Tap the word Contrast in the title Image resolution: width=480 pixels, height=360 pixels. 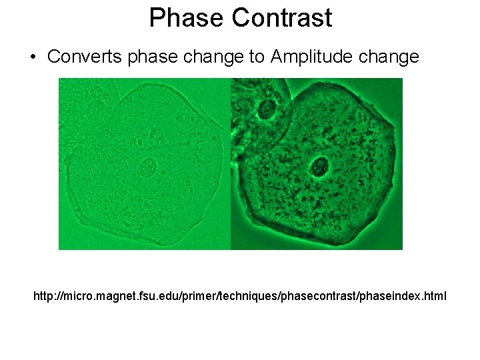(281, 18)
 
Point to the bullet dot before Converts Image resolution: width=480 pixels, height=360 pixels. (33, 57)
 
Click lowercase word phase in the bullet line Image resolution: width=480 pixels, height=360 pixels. (153, 57)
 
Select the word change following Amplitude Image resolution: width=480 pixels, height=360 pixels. (389, 57)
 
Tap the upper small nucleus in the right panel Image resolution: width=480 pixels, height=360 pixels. (268, 109)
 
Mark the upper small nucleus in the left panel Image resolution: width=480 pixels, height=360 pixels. (97, 109)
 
